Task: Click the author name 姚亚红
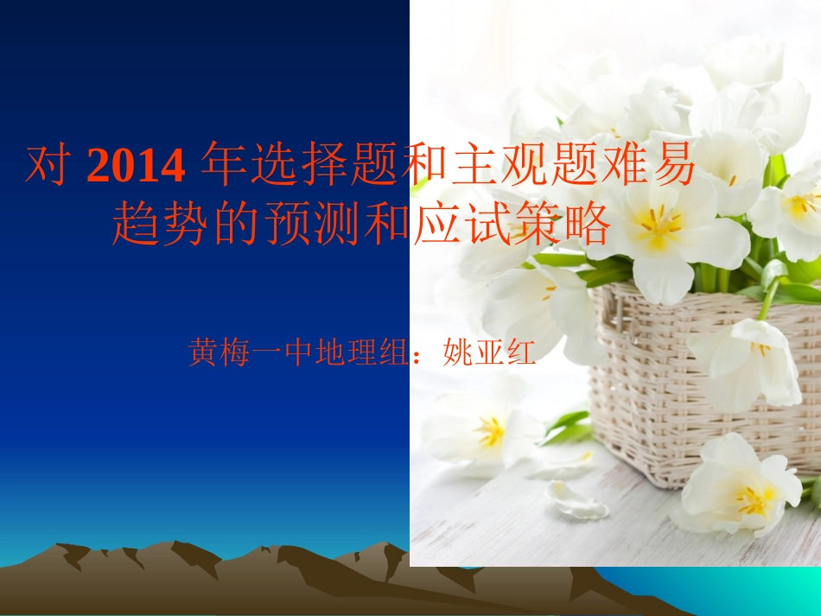tap(489, 352)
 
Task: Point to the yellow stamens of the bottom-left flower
tap(490, 430)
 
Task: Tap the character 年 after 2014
tap(221, 167)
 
